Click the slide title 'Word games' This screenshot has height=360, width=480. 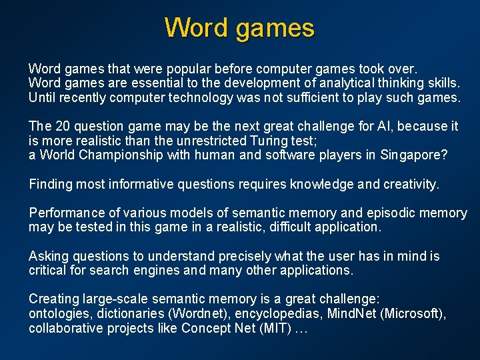[239, 28]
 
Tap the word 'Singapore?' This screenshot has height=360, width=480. [413, 155]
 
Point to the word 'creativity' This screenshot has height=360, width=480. [409, 184]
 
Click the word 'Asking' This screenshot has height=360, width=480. [47, 256]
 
